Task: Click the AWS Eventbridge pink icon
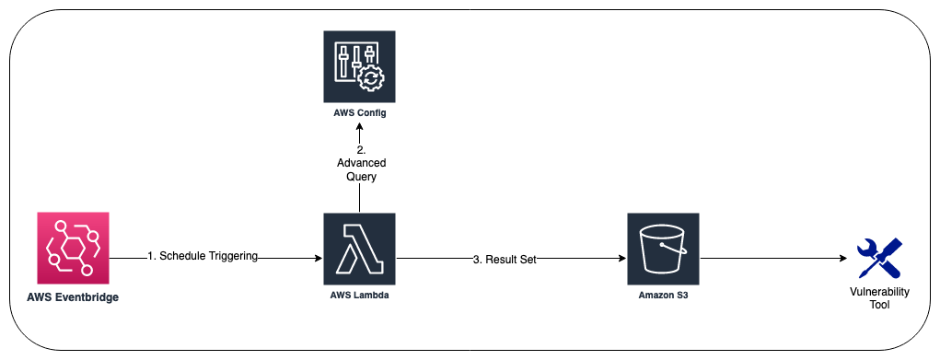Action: click(x=73, y=248)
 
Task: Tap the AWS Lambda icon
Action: click(x=359, y=248)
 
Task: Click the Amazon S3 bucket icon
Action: click(x=663, y=250)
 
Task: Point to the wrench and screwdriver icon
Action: click(x=877, y=259)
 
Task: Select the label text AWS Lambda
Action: click(x=360, y=294)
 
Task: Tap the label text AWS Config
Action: click(x=360, y=113)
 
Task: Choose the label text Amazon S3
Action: click(x=663, y=294)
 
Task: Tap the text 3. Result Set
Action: click(x=504, y=260)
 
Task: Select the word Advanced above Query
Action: click(x=360, y=162)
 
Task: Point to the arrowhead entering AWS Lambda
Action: click(x=318, y=260)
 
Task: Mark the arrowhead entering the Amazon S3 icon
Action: click(x=621, y=260)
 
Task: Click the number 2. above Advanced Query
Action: click(x=360, y=149)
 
